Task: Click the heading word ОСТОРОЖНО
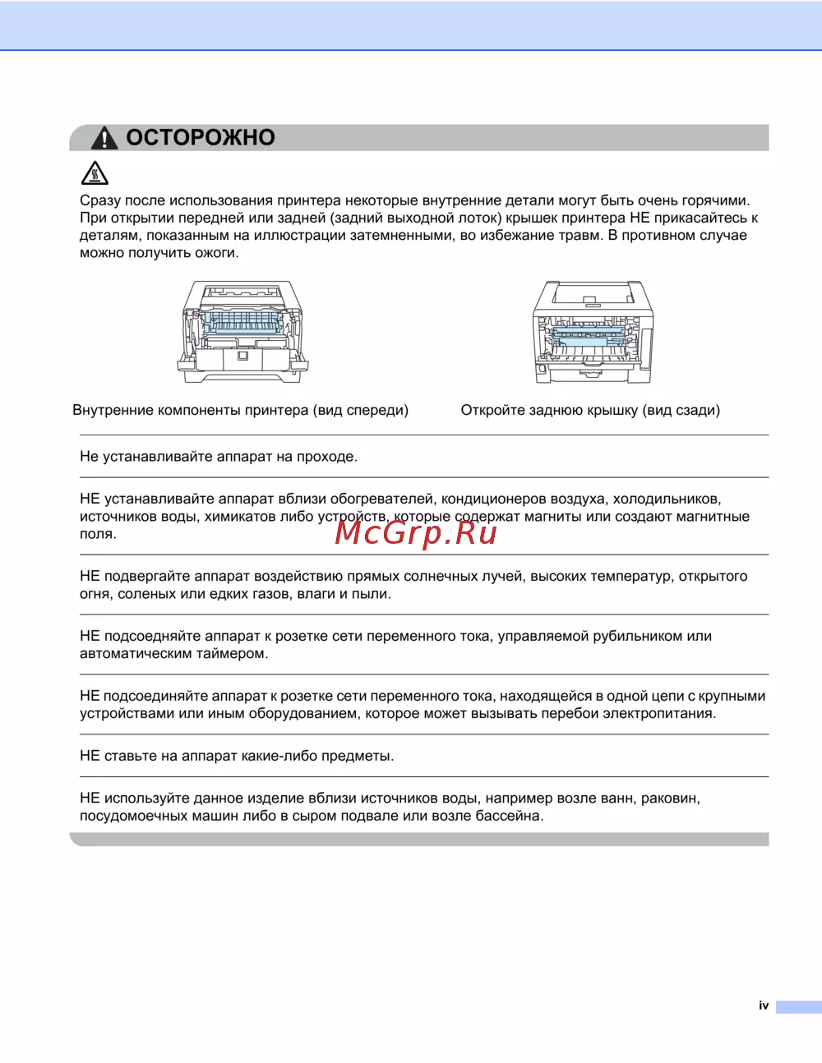[201, 137]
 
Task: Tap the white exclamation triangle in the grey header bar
[104, 138]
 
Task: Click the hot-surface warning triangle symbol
[95, 173]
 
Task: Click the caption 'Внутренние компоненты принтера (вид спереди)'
[240, 410]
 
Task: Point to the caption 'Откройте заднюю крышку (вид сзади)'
[590, 410]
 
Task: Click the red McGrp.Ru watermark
[416, 533]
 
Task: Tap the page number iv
[764, 1005]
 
